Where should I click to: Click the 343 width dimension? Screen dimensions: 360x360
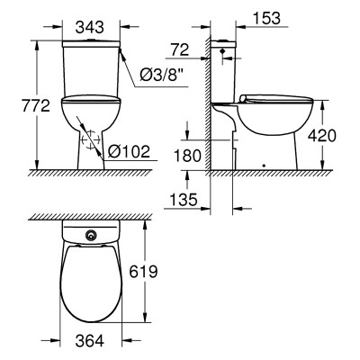point(89,27)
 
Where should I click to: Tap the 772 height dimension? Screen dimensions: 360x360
point(36,106)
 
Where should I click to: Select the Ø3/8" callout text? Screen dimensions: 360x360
point(162,74)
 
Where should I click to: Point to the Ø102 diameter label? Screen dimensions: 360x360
point(129,151)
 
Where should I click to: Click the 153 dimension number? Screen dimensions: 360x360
point(267,18)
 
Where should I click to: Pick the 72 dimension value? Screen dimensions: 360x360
point(180,49)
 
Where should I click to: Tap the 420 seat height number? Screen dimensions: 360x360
point(322,136)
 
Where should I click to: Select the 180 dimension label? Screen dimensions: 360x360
point(187,156)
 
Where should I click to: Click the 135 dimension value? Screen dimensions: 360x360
point(184,200)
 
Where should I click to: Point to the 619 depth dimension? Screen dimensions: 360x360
point(143,272)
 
